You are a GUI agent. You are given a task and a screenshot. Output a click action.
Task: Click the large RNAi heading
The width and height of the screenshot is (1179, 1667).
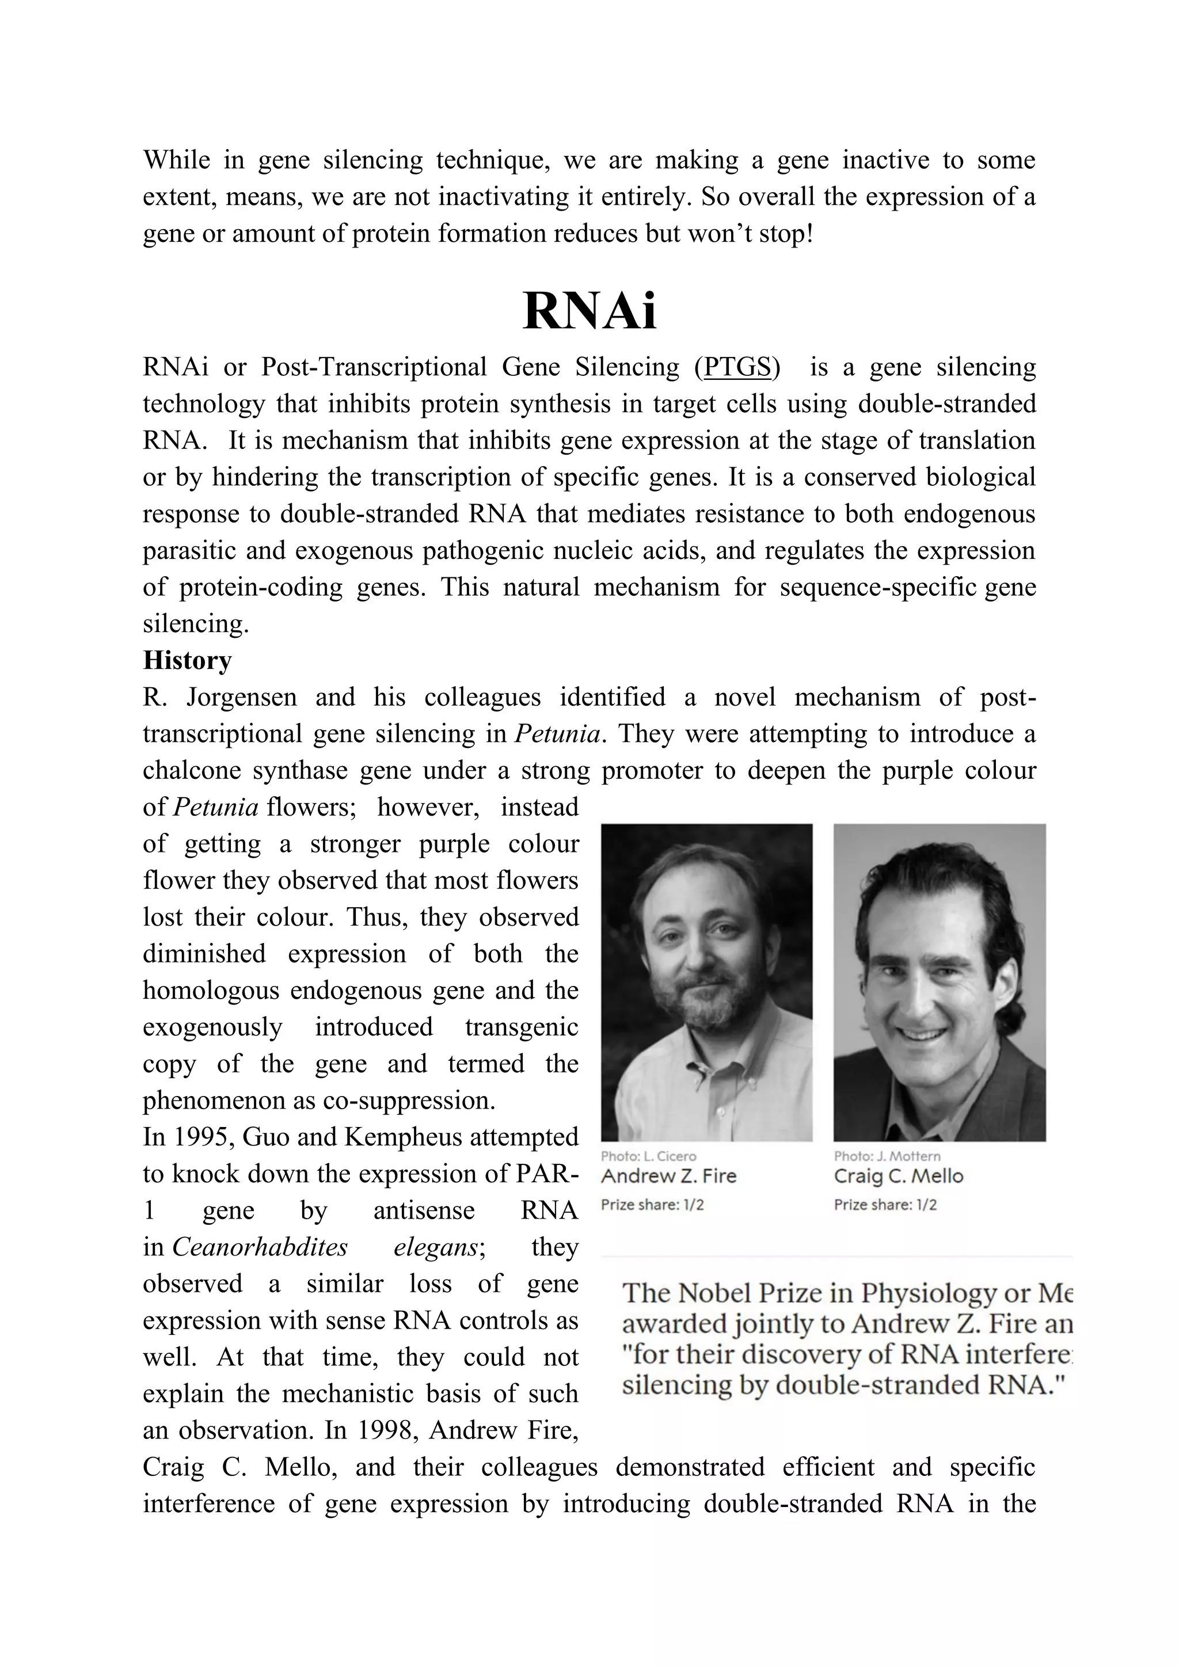589,311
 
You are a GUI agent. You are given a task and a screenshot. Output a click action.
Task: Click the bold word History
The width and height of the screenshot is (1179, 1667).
187,660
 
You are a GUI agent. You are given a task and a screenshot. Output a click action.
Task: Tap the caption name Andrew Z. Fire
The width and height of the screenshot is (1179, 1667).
668,1176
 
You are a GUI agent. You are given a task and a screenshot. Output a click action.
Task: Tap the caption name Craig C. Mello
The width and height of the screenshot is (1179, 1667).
898,1176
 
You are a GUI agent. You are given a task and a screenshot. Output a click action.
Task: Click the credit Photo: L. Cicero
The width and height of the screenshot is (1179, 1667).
648,1156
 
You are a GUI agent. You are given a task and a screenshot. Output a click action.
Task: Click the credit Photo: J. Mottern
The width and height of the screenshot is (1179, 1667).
887,1156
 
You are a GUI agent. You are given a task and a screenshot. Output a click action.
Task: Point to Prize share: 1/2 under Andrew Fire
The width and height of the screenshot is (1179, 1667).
652,1205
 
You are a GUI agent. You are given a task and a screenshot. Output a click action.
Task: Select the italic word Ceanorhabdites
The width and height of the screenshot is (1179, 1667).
260,1247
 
